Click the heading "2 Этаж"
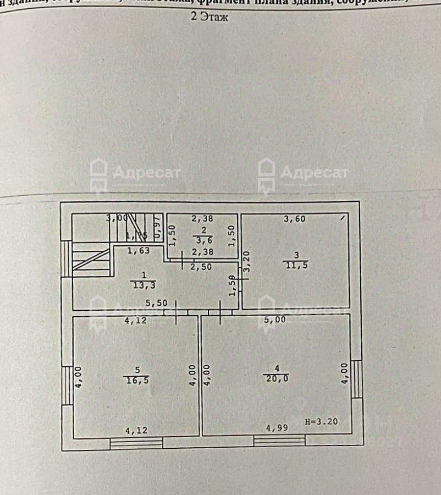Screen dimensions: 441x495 pyautogui.click(x=210, y=17)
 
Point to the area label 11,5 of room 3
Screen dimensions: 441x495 pyautogui.click(x=296, y=265)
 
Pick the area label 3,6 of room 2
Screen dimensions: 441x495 pyautogui.click(x=202, y=240)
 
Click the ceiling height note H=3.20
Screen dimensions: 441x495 pyautogui.click(x=321, y=422)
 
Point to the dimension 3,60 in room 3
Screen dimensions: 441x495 pyautogui.click(x=294, y=219)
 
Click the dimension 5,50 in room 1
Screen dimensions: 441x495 pyautogui.click(x=156, y=302)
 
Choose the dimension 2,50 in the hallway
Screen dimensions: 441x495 pyautogui.click(x=201, y=267)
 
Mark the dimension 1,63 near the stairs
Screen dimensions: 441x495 pyautogui.click(x=137, y=251)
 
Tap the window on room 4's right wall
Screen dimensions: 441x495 pyautogui.click(x=356, y=378)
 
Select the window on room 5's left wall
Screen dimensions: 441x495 pyautogui.click(x=67, y=385)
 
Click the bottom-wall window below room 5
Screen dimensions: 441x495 pyautogui.click(x=136, y=442)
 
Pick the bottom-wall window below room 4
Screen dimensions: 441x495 pyautogui.click(x=279, y=441)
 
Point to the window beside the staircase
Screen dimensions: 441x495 pyautogui.click(x=67, y=258)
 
